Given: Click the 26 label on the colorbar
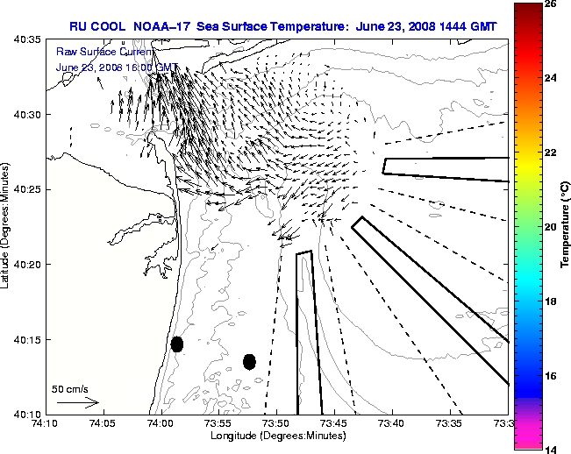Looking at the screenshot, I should click(x=552, y=4).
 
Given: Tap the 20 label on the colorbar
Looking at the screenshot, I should click(x=552, y=226).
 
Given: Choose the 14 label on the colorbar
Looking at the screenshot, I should click(x=552, y=448).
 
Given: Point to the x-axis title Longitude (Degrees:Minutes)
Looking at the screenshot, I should click(x=276, y=436).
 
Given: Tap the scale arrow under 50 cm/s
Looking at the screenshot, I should click(x=77, y=403).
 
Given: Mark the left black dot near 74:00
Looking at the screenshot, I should click(x=176, y=344).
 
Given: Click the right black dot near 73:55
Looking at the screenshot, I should click(x=249, y=361).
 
